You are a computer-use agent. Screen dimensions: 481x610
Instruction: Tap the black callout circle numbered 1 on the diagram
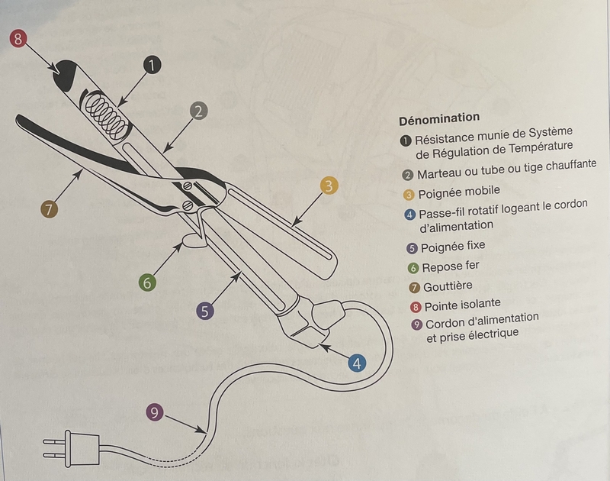tap(151, 66)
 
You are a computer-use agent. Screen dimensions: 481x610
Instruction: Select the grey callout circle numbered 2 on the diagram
tap(197, 111)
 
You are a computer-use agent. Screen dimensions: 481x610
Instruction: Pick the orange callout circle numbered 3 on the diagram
tap(329, 186)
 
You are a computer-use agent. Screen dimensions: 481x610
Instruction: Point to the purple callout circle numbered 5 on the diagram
tap(204, 311)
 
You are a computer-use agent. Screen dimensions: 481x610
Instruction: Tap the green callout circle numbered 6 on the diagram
tap(148, 282)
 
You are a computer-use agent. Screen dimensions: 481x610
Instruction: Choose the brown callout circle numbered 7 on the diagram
tap(49, 209)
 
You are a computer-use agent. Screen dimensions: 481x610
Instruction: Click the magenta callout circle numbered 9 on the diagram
tap(155, 413)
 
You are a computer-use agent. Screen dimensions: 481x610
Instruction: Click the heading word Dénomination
tap(438, 118)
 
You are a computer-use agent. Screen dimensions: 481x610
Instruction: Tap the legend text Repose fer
tap(452, 266)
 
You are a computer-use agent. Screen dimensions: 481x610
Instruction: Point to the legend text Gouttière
tap(448, 286)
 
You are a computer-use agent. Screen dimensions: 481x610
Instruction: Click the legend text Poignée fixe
tap(452, 246)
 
